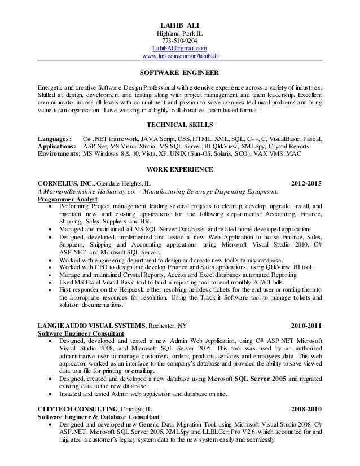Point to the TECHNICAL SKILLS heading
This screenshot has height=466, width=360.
pos(180,124)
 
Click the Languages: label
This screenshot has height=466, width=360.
pos(54,139)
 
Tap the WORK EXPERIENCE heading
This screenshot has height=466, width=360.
pos(180,169)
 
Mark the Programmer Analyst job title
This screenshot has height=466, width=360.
pos(67,199)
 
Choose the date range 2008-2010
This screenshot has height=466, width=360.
pos(306,408)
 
